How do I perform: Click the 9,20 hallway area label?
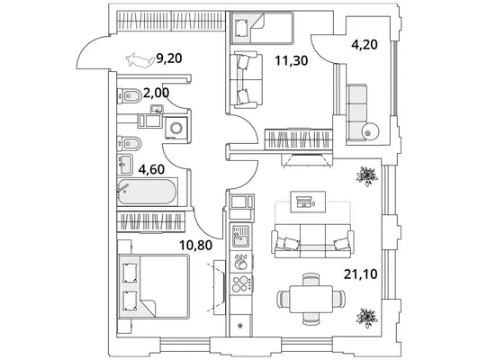169,58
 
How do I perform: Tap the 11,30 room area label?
291,60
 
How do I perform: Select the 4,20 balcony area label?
365,44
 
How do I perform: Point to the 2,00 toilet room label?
156,93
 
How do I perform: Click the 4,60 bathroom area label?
151,169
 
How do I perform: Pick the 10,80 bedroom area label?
195,245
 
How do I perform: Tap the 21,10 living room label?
361,274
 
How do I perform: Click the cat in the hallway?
140,60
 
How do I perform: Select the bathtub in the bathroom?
148,192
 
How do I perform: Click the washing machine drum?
176,128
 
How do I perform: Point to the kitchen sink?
241,236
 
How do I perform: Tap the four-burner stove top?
241,283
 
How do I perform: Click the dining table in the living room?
311,299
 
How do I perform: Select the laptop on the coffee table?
303,202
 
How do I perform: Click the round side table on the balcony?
370,131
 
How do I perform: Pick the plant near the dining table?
366,318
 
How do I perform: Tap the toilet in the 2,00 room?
130,96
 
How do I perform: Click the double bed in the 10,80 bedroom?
154,286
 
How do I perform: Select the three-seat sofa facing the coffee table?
312,241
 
